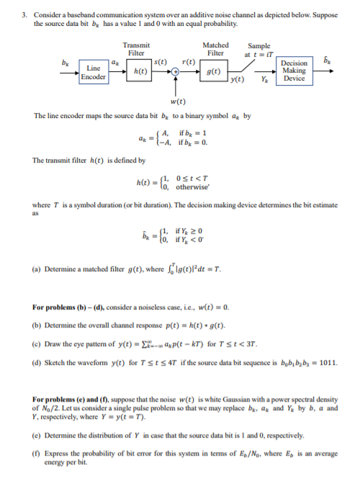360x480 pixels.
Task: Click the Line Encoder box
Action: [x=94, y=73]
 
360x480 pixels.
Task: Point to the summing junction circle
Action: [x=175, y=73]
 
